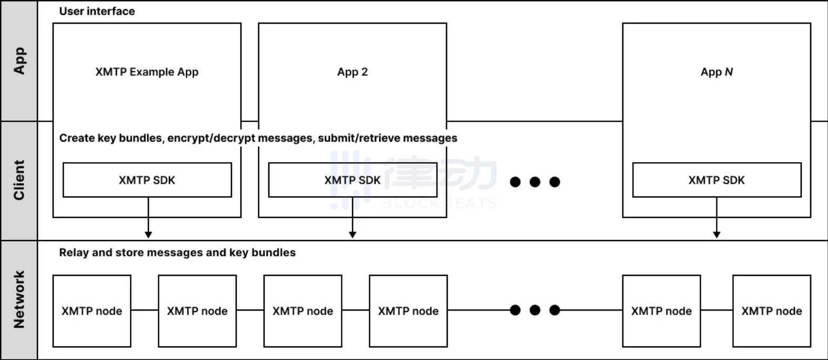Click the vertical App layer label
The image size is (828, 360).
pos(19,61)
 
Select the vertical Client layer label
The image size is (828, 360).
pos(19,180)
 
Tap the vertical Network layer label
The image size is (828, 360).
pos(19,299)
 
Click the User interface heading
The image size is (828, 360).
pos(97,11)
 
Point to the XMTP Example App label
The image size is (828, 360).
pos(147,72)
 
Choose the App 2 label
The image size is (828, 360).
pos(352,72)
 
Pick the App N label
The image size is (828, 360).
pos(716,72)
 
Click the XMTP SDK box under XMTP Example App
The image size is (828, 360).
pos(147,180)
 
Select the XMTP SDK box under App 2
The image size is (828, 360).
pos(352,180)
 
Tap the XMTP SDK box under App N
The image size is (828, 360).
pos(716,180)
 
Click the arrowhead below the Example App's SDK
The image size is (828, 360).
pos(148,234)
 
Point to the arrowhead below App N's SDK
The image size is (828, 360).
pos(716,234)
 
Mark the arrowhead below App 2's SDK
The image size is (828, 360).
pos(352,234)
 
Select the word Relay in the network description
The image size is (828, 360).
pos(74,253)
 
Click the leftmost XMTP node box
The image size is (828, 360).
pos(92,311)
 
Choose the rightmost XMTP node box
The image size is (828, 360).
pos(772,311)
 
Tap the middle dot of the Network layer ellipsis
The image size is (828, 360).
pos(535,310)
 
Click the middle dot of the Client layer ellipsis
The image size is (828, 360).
pos(535,182)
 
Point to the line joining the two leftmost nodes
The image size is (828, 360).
pos(145,310)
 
